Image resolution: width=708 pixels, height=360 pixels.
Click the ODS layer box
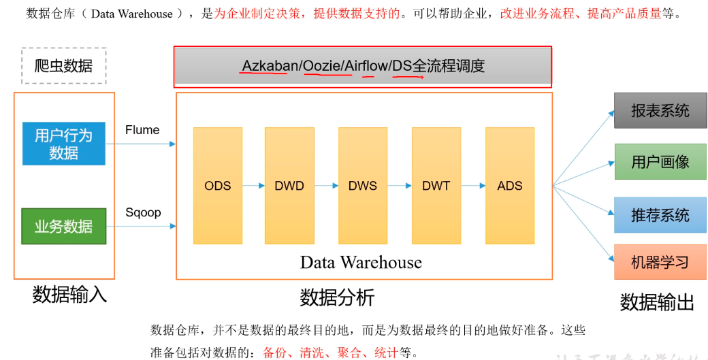coord(217,185)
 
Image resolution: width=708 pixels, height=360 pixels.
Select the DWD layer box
coord(289,185)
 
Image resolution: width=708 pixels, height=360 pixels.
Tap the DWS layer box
coord(363,185)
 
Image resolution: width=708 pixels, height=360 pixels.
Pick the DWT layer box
coord(436,185)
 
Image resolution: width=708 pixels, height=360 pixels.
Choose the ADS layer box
coord(510,185)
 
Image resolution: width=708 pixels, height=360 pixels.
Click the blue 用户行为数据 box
coord(64,144)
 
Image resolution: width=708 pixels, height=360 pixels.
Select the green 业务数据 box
coord(64,227)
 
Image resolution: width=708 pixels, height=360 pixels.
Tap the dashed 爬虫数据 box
coord(64,66)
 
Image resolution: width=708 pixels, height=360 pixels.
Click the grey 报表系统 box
coord(660,111)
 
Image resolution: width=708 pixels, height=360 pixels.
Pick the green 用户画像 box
coord(660,161)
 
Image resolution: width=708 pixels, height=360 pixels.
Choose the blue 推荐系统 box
coord(660,215)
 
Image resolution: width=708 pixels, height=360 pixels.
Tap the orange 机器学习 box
coord(660,262)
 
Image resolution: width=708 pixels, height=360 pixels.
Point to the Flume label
coord(142,130)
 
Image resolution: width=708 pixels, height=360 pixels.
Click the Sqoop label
coord(143,212)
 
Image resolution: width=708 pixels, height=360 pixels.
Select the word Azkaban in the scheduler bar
coord(270,66)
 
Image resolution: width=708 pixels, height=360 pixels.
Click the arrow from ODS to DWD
coord(253,185)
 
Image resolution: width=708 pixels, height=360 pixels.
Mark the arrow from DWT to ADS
coord(473,185)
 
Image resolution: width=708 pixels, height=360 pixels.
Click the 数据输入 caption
coord(69,295)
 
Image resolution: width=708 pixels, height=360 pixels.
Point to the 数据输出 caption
coord(657,303)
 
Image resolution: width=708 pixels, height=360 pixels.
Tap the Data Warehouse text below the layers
coord(361,262)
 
